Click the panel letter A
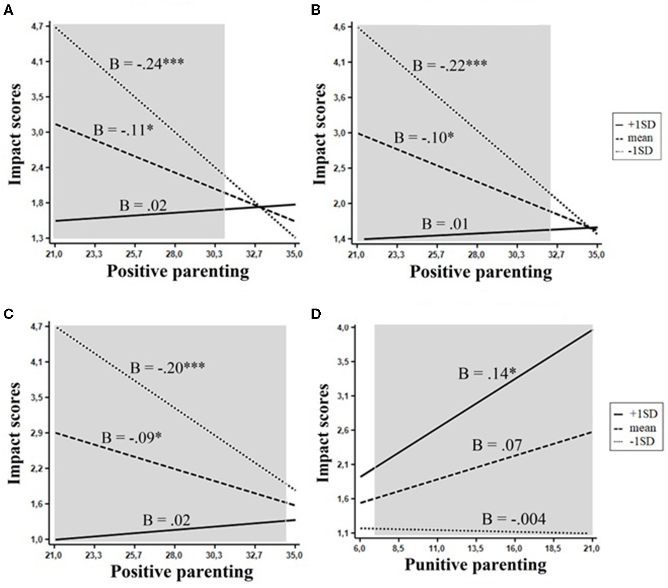click(x=8, y=10)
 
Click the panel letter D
click(x=316, y=313)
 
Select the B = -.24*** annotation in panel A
click(x=146, y=64)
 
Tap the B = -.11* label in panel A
click(x=124, y=130)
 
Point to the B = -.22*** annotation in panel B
click(x=450, y=66)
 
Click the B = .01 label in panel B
click(x=445, y=224)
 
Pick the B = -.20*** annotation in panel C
click(x=167, y=368)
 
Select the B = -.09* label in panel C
click(x=131, y=437)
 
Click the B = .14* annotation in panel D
click(x=487, y=373)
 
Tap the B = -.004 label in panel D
click(x=514, y=519)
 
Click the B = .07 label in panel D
click(x=497, y=445)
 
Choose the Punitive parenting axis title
click(x=475, y=564)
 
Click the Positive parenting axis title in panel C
click(x=181, y=571)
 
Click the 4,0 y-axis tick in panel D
click(x=343, y=327)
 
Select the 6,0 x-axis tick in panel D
click(x=360, y=548)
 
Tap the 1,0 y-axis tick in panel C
click(x=38, y=540)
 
